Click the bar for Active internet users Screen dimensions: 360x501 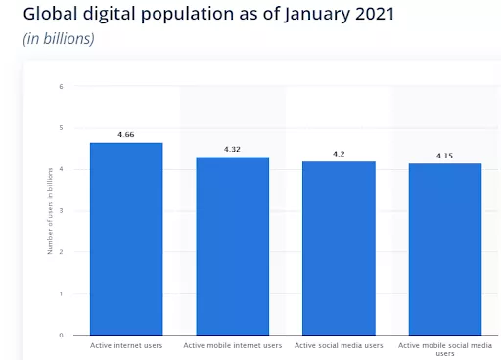126,239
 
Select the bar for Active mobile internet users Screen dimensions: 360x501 233,246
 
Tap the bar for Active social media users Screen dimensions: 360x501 339,248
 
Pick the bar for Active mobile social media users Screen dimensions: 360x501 445,249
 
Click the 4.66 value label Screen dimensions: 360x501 126,133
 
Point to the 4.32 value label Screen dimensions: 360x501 233,148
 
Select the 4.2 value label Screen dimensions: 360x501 339,153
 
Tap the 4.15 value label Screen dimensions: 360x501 445,155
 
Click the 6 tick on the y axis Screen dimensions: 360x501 61,86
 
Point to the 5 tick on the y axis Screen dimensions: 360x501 61,127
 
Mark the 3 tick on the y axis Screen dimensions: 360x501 61,210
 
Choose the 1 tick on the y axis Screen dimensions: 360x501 61,293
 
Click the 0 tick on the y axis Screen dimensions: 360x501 61,335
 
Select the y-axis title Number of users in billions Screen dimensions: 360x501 50,210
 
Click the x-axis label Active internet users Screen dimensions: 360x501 126,345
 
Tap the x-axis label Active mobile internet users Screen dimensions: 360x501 233,345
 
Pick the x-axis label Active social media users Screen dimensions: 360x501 339,345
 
